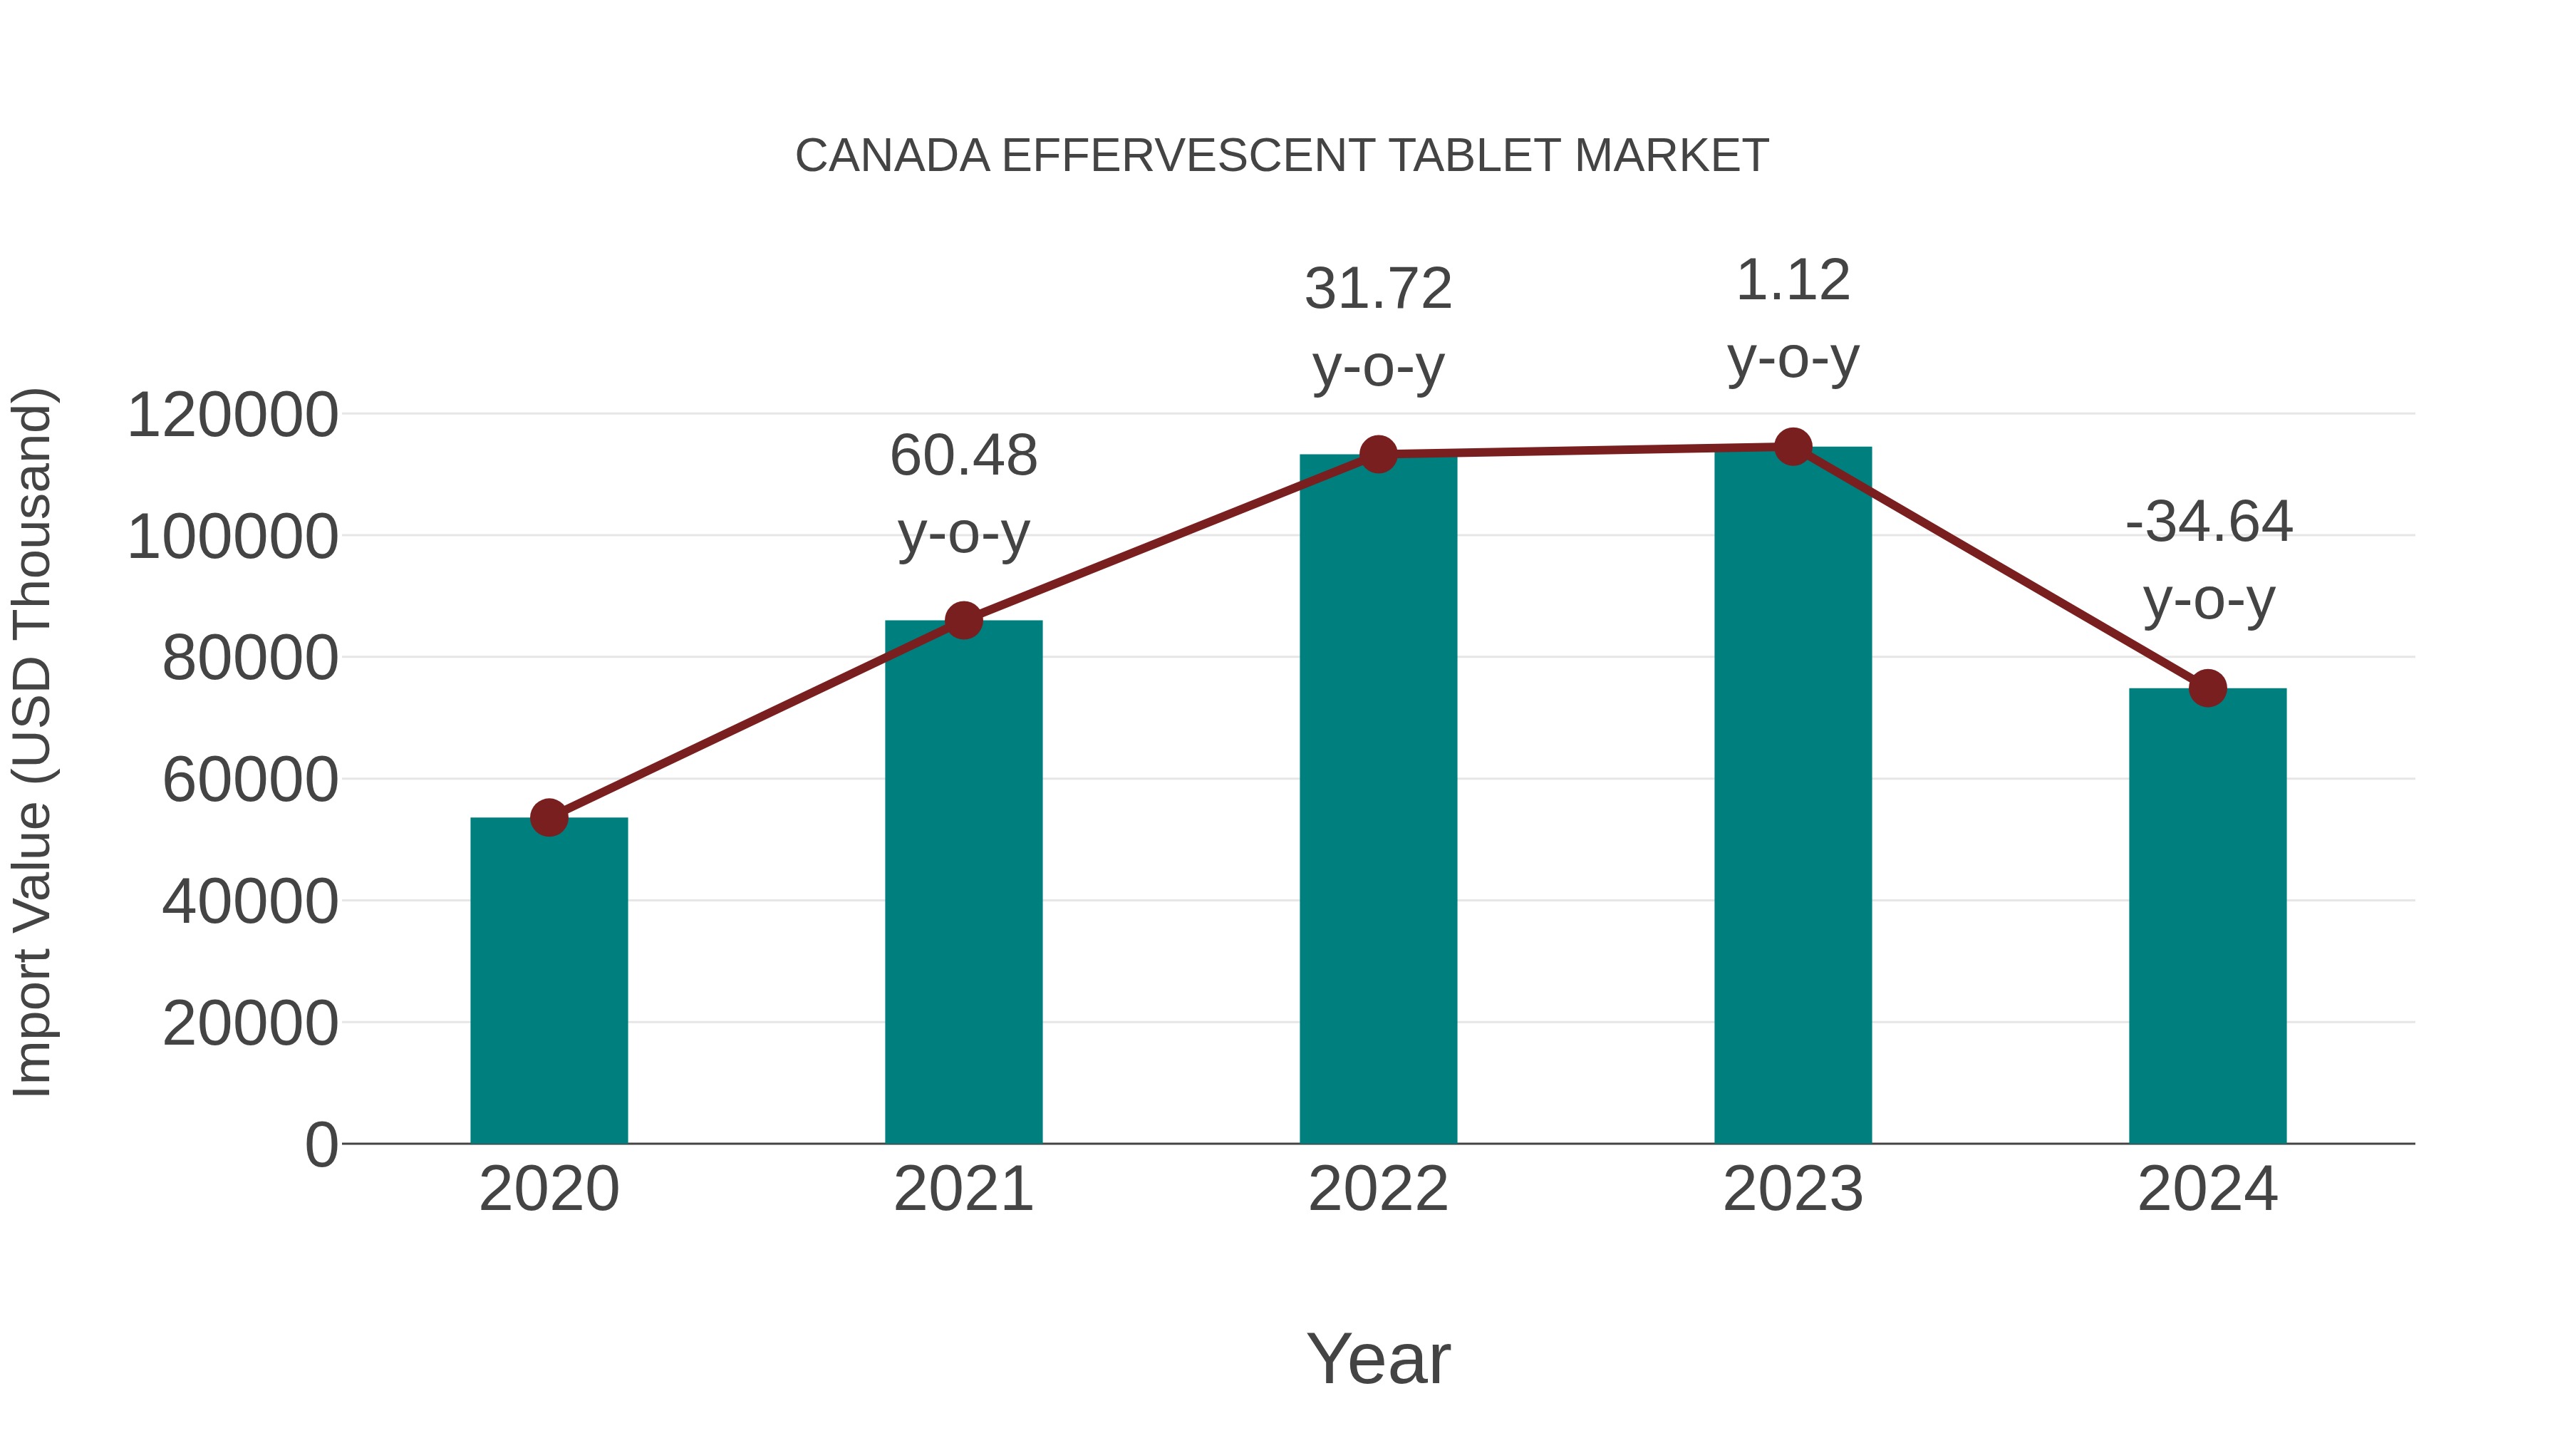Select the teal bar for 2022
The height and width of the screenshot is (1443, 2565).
click(x=1378, y=817)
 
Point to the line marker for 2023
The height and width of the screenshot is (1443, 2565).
click(x=1793, y=447)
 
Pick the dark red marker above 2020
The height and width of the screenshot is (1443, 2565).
click(x=549, y=817)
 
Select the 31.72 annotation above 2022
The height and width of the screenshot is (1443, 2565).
click(x=1378, y=290)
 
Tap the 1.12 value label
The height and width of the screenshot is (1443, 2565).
click(x=1793, y=281)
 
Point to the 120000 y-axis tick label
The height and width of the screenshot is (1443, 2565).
click(x=232, y=415)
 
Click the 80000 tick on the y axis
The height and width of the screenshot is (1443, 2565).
click(x=250, y=658)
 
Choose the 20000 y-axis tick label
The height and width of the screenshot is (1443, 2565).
click(x=250, y=1024)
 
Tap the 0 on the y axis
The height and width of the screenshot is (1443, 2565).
click(x=321, y=1145)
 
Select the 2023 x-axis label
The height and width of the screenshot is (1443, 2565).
click(x=1793, y=1189)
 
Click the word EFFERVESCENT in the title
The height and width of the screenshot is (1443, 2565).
click(x=1188, y=156)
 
